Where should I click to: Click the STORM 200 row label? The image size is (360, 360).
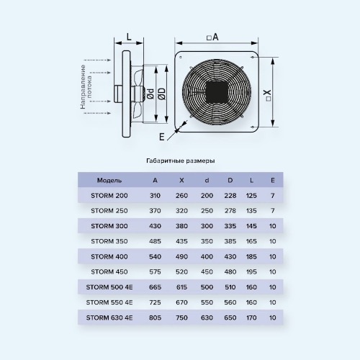coord(109,196)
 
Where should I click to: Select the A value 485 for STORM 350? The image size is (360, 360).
coord(155,241)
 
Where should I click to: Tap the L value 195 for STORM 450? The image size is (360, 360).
coord(251,271)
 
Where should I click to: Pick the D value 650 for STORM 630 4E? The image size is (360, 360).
coord(230,318)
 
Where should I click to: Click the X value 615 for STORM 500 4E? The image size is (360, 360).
coord(181,287)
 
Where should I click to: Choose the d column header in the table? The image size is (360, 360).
coord(207,180)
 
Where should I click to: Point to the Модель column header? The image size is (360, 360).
coord(109,181)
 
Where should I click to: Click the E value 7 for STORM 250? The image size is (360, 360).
coord(272,211)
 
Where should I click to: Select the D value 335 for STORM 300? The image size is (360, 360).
coord(230,226)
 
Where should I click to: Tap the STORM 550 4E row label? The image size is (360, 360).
coord(109,302)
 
